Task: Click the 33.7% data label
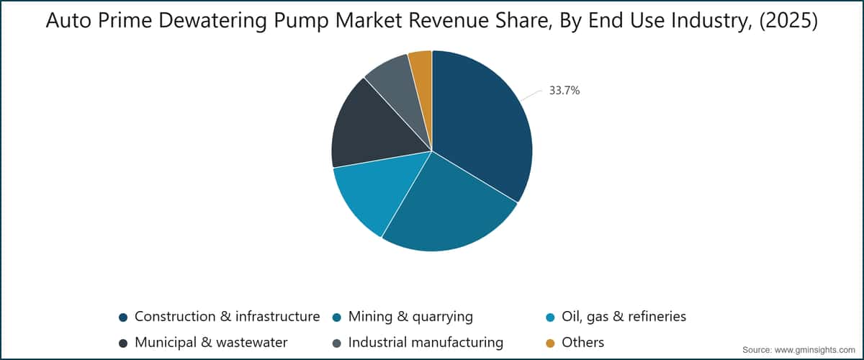[564, 91]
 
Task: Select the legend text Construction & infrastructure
[228, 316]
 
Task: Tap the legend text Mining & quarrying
[410, 317]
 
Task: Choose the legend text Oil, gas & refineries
[624, 317]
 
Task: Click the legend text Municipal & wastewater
[211, 342]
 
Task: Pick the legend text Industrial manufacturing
[426, 342]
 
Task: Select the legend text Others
[582, 342]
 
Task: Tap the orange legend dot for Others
[550, 343]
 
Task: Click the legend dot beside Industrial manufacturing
[337, 343]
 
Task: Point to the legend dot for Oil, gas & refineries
[550, 318]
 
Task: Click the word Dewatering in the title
[212, 20]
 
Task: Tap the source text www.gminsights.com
[814, 350]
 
